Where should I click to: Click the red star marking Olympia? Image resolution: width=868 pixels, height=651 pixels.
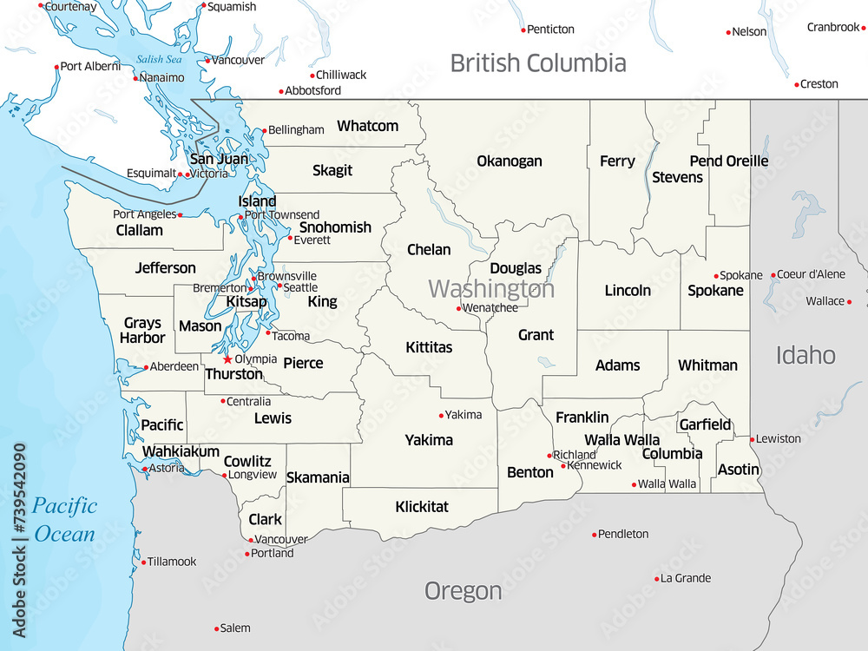(227, 359)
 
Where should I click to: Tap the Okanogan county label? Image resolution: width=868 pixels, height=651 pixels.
(509, 161)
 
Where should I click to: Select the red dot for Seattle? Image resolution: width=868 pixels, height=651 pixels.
(279, 286)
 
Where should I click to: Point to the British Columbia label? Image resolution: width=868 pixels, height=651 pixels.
(537, 62)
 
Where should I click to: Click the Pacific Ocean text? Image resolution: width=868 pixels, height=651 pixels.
(64, 519)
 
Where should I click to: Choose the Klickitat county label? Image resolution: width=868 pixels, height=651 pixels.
(422, 506)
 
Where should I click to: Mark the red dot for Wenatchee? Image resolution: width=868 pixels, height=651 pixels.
(458, 308)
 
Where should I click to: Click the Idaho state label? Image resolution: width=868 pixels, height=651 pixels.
(805, 354)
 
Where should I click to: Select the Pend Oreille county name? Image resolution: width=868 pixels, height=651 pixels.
(728, 161)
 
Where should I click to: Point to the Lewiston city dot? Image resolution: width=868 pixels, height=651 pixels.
(752, 439)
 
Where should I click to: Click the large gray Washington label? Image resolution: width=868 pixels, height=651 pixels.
(491, 288)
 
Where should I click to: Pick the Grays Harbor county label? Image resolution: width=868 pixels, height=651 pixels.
(142, 331)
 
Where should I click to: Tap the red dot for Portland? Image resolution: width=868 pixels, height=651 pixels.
(247, 554)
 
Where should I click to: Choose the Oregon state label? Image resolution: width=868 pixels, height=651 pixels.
(463, 591)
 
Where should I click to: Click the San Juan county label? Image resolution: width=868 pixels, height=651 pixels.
(219, 159)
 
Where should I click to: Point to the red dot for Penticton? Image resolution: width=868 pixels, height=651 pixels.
(523, 30)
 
